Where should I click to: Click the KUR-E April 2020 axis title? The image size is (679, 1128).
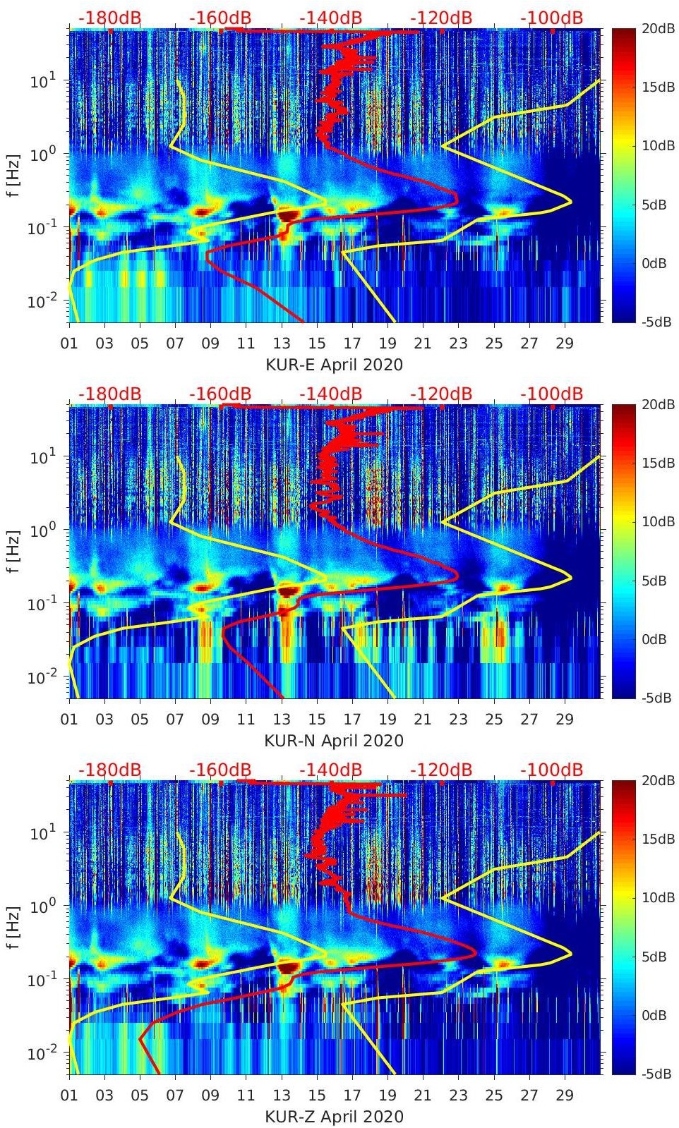coord(334,365)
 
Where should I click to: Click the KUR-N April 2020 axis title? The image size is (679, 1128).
coord(334,741)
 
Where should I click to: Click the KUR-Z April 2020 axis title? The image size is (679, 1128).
coord(334,1117)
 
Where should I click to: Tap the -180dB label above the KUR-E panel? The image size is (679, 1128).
coord(109,18)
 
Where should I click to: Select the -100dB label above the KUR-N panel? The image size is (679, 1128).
coord(552,394)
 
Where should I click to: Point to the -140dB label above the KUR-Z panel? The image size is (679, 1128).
coord(330,770)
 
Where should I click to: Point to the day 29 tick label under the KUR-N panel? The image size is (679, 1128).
coord(565,720)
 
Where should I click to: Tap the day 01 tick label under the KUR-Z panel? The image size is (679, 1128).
coord(69,1096)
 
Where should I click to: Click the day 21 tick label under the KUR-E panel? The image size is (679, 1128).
coord(423,344)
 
